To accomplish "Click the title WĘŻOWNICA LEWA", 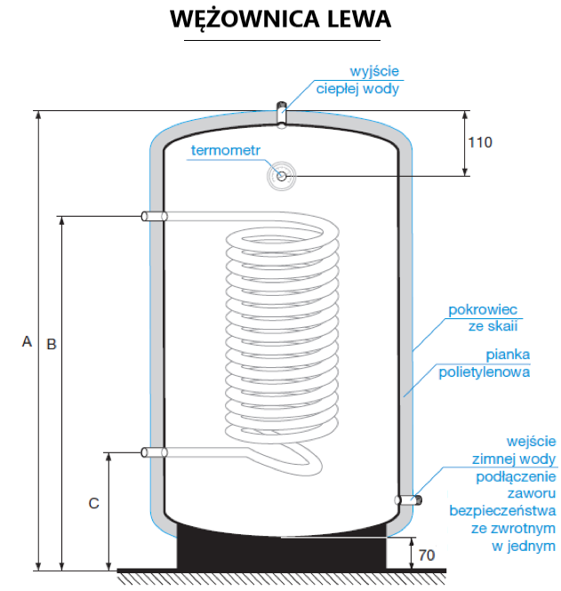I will [x=280, y=20].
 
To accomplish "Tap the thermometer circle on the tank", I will [x=282, y=176].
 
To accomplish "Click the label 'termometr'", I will [x=225, y=150].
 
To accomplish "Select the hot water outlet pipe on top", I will [x=282, y=114].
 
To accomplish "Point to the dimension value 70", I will [x=427, y=555].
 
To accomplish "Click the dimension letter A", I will [x=27, y=341].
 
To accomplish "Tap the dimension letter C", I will [x=93, y=503].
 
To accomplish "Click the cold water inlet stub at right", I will [x=410, y=500].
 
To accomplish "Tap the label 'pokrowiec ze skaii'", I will [x=482, y=318].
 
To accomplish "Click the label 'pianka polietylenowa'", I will [x=485, y=363].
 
